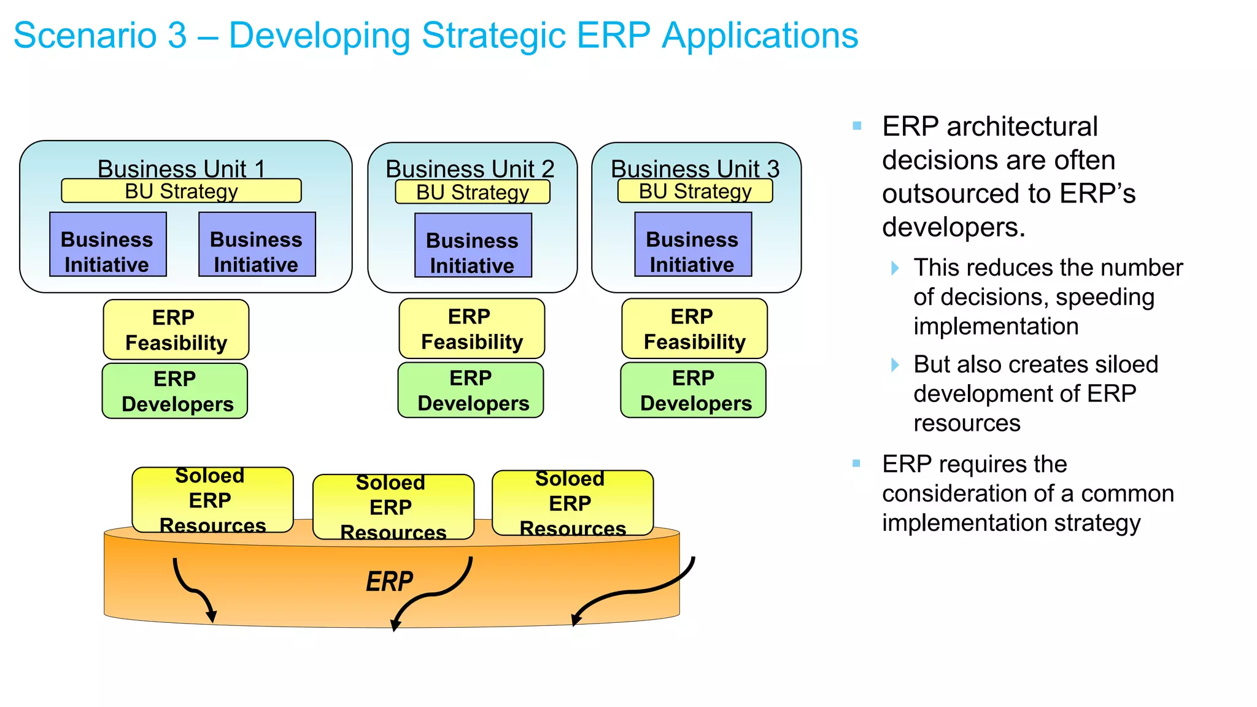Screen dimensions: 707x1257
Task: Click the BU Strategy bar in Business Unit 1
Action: coord(181,191)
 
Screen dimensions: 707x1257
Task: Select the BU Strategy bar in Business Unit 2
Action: coord(472,192)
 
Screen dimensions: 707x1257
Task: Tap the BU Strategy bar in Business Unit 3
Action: coord(695,191)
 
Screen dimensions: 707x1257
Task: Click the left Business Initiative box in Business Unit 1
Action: coord(107,244)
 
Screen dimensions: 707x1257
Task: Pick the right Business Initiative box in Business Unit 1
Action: coord(257,244)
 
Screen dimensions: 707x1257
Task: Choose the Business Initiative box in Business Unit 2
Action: coord(473,245)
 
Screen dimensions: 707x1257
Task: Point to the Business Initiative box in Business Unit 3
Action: coord(692,244)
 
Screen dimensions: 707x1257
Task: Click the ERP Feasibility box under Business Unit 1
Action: coord(176,330)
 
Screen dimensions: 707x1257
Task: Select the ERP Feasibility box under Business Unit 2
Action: coord(471,328)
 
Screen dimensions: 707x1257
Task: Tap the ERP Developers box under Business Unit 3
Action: coord(693,390)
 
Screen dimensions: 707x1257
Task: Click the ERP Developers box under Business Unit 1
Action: coord(175,391)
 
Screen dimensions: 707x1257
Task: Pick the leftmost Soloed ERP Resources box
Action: coord(212,500)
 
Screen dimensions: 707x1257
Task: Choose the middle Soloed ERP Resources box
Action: coord(393,507)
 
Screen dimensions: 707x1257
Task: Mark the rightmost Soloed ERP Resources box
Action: coord(572,503)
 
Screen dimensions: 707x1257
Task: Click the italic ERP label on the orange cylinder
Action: coord(389,581)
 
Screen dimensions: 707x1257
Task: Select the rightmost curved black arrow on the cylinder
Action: coord(632,592)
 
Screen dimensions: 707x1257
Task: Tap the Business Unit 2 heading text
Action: coord(470,168)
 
